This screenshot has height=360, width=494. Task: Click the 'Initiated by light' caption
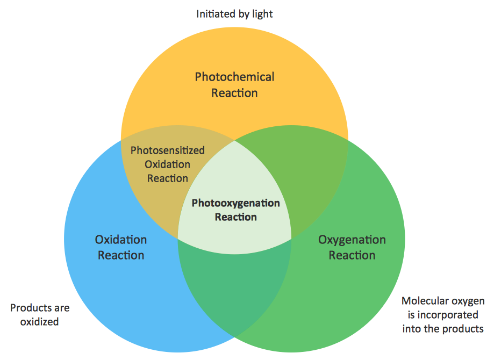(x=234, y=14)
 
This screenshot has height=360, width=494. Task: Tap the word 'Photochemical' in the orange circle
(x=234, y=77)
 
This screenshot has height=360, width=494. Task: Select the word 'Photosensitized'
(x=168, y=150)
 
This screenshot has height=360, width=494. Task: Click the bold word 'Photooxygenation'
(x=236, y=203)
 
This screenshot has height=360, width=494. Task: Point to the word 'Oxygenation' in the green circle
(x=352, y=240)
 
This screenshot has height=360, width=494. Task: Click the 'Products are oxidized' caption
(x=40, y=315)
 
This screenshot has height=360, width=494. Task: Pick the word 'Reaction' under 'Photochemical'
(x=234, y=93)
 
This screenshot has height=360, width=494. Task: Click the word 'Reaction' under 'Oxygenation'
(x=352, y=255)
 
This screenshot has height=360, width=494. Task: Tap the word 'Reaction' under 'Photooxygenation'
(x=236, y=217)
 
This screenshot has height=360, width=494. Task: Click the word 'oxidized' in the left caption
(x=40, y=322)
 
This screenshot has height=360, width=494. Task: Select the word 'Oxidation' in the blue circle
(x=121, y=240)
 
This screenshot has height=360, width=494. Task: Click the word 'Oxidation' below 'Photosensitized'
(x=168, y=164)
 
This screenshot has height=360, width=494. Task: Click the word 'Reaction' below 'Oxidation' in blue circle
(x=121, y=255)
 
